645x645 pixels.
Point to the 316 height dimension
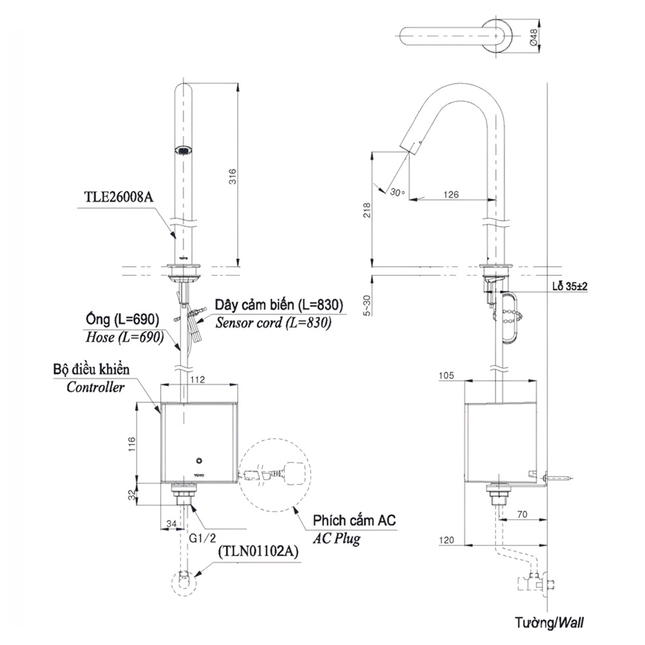click(x=232, y=176)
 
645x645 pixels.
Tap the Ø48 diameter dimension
click(x=533, y=37)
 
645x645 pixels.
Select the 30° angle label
click(x=397, y=192)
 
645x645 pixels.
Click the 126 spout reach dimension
click(x=451, y=194)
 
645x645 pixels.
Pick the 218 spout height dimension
click(x=367, y=210)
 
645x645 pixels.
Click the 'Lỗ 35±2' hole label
click(x=570, y=286)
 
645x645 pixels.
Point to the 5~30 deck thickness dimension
click(x=367, y=305)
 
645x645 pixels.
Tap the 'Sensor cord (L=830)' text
click(x=273, y=322)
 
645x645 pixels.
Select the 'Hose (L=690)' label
click(x=125, y=337)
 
